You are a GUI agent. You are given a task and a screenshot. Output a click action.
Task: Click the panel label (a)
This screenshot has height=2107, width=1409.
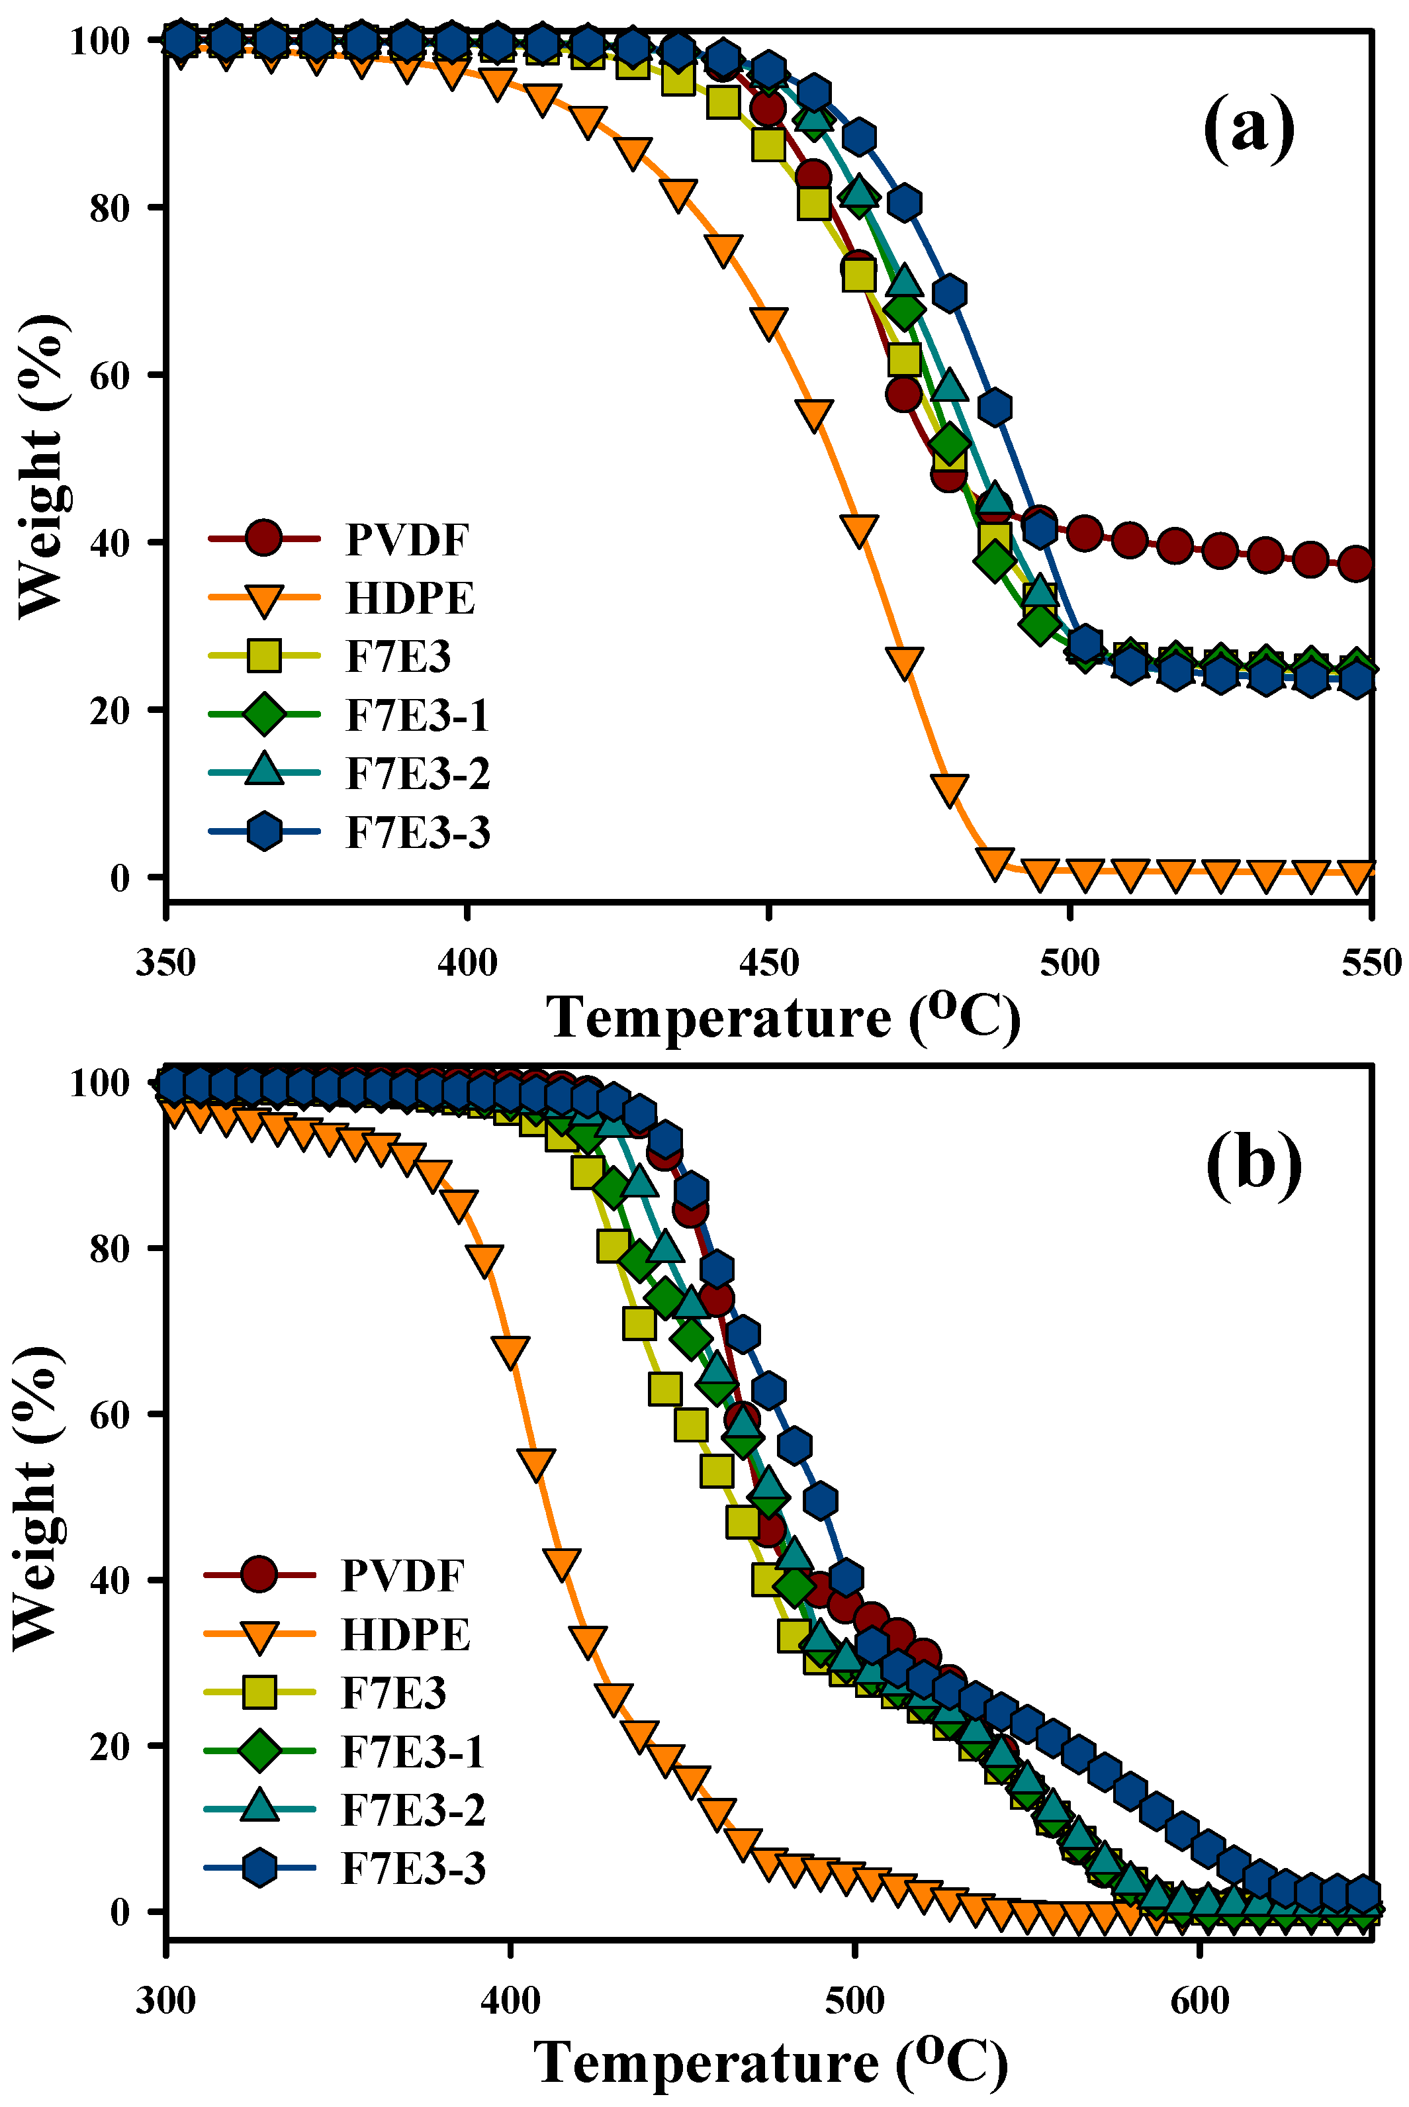1249,128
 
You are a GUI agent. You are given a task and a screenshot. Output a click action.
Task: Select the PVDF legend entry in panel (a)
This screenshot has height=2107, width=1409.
406,540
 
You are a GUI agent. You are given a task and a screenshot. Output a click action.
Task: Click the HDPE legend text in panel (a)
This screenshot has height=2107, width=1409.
410,598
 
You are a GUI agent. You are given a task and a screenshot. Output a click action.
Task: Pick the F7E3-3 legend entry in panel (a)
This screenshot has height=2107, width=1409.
418,833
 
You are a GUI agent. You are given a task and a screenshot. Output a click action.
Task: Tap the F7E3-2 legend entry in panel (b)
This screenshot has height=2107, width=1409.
414,1810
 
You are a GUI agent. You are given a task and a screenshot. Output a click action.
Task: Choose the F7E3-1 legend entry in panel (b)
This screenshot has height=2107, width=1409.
414,1751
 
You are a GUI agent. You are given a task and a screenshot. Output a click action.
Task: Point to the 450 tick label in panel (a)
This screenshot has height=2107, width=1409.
768,964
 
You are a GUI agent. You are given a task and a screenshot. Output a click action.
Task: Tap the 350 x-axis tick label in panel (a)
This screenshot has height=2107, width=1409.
166,964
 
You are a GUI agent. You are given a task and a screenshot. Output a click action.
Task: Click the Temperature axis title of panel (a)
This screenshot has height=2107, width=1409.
784,1018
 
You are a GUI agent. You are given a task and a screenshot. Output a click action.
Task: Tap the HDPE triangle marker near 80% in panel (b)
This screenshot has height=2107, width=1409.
485,1260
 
